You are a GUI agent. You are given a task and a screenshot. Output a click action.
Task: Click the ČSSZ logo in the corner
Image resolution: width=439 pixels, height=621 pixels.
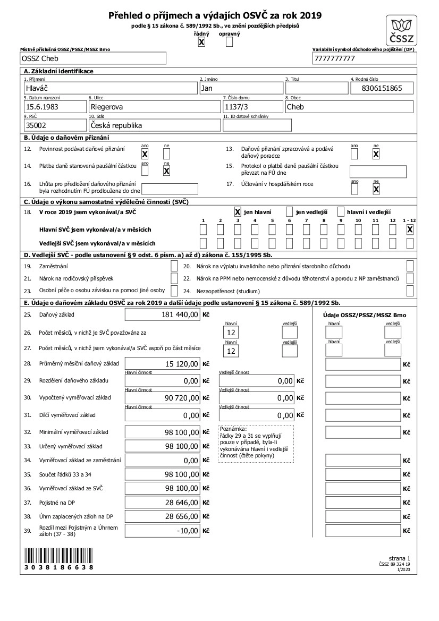click(x=402, y=30)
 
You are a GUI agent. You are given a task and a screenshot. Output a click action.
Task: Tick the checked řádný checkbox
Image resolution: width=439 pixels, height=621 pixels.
click(x=201, y=42)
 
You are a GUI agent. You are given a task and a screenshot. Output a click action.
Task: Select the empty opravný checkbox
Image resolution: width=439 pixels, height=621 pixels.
click(x=229, y=42)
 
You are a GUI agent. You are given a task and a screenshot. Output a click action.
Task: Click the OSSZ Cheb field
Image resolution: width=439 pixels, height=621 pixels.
click(x=93, y=58)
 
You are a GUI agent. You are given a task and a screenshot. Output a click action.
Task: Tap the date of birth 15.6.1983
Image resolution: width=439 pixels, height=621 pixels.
click(x=54, y=106)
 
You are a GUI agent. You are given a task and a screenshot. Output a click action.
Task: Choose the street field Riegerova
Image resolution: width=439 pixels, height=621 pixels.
click(x=154, y=106)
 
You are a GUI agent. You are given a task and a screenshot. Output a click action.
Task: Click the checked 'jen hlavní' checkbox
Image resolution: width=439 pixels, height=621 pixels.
click(x=238, y=211)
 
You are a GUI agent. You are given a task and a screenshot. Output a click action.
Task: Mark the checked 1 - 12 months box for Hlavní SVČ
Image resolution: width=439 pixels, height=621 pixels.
click(x=410, y=229)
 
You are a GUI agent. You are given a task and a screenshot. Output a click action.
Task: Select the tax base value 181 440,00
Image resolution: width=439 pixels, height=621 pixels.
click(x=162, y=315)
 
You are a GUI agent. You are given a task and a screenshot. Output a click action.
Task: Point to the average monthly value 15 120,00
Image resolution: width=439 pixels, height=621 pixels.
click(x=162, y=364)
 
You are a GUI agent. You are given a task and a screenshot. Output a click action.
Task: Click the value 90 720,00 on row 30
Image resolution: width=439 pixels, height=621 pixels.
click(x=162, y=398)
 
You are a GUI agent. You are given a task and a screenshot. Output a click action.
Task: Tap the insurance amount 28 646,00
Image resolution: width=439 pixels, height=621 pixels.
click(x=162, y=502)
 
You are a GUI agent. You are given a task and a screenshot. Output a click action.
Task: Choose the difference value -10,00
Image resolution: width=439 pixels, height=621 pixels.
click(x=162, y=530)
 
